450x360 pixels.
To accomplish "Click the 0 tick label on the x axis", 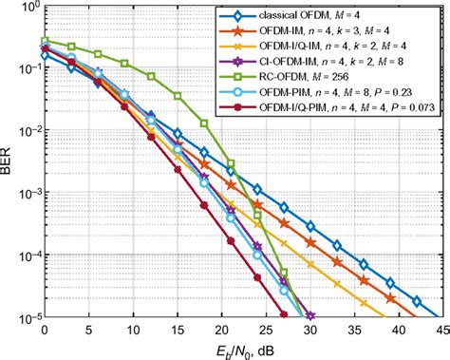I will coord(44,330).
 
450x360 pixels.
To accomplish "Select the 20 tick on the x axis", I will coord(218,330).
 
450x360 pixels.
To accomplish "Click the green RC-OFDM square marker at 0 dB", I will coord(44,41).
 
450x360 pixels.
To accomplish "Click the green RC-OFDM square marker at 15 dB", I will coord(175,96).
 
